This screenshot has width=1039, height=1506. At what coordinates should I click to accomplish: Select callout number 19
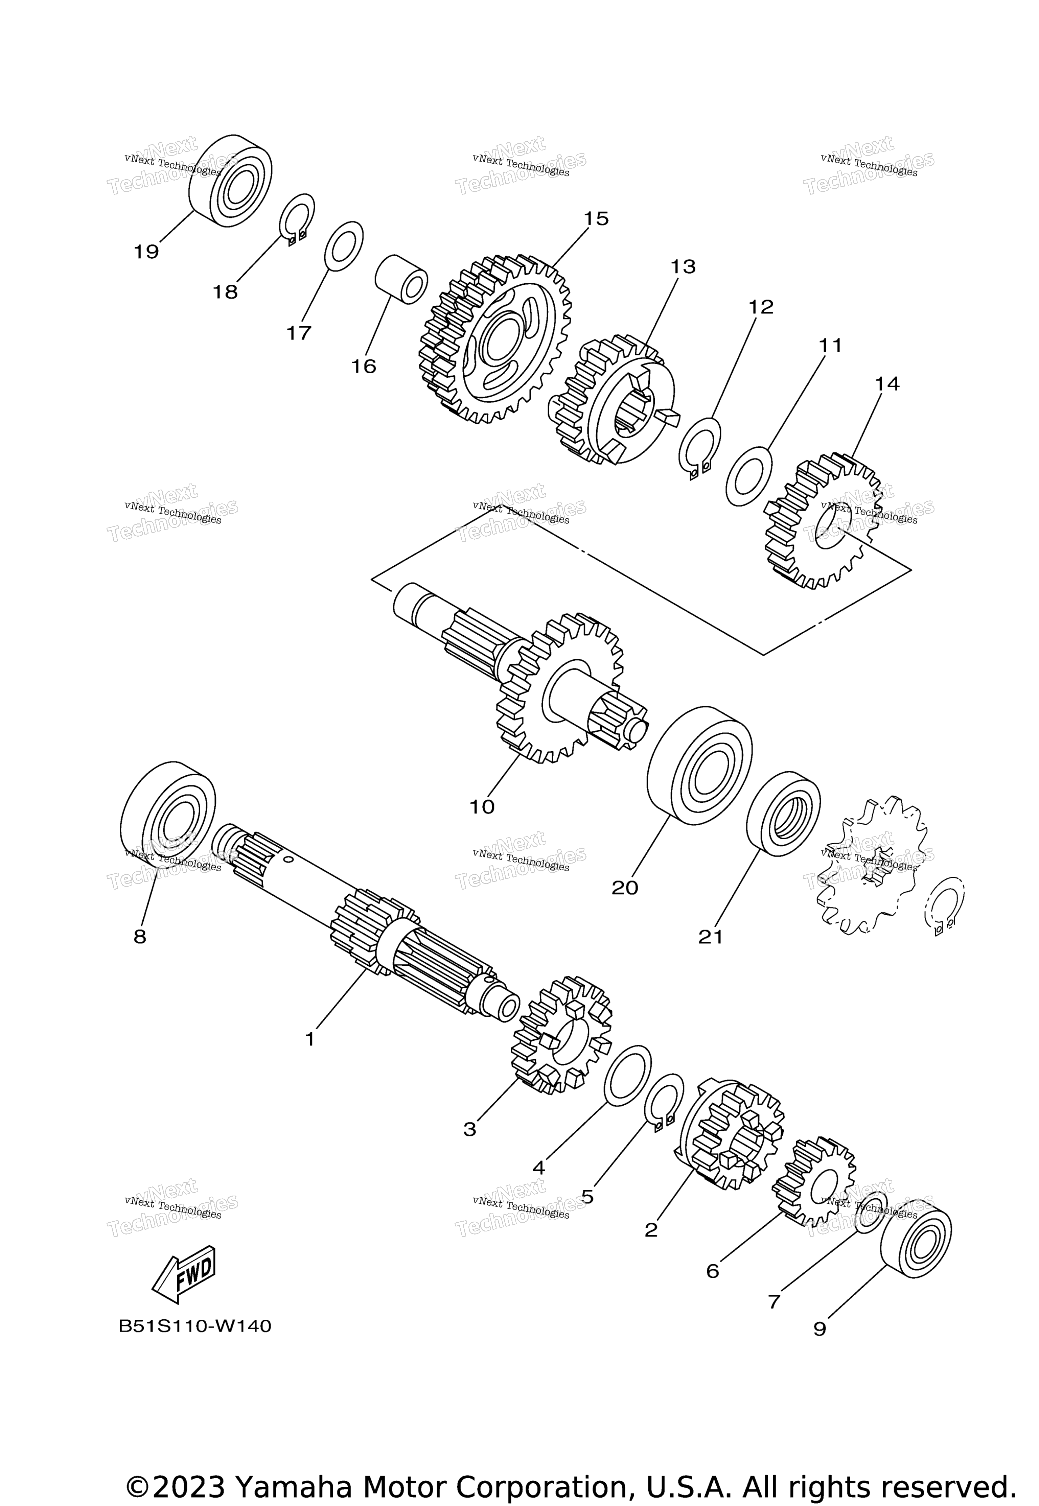pyautogui.click(x=146, y=252)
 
